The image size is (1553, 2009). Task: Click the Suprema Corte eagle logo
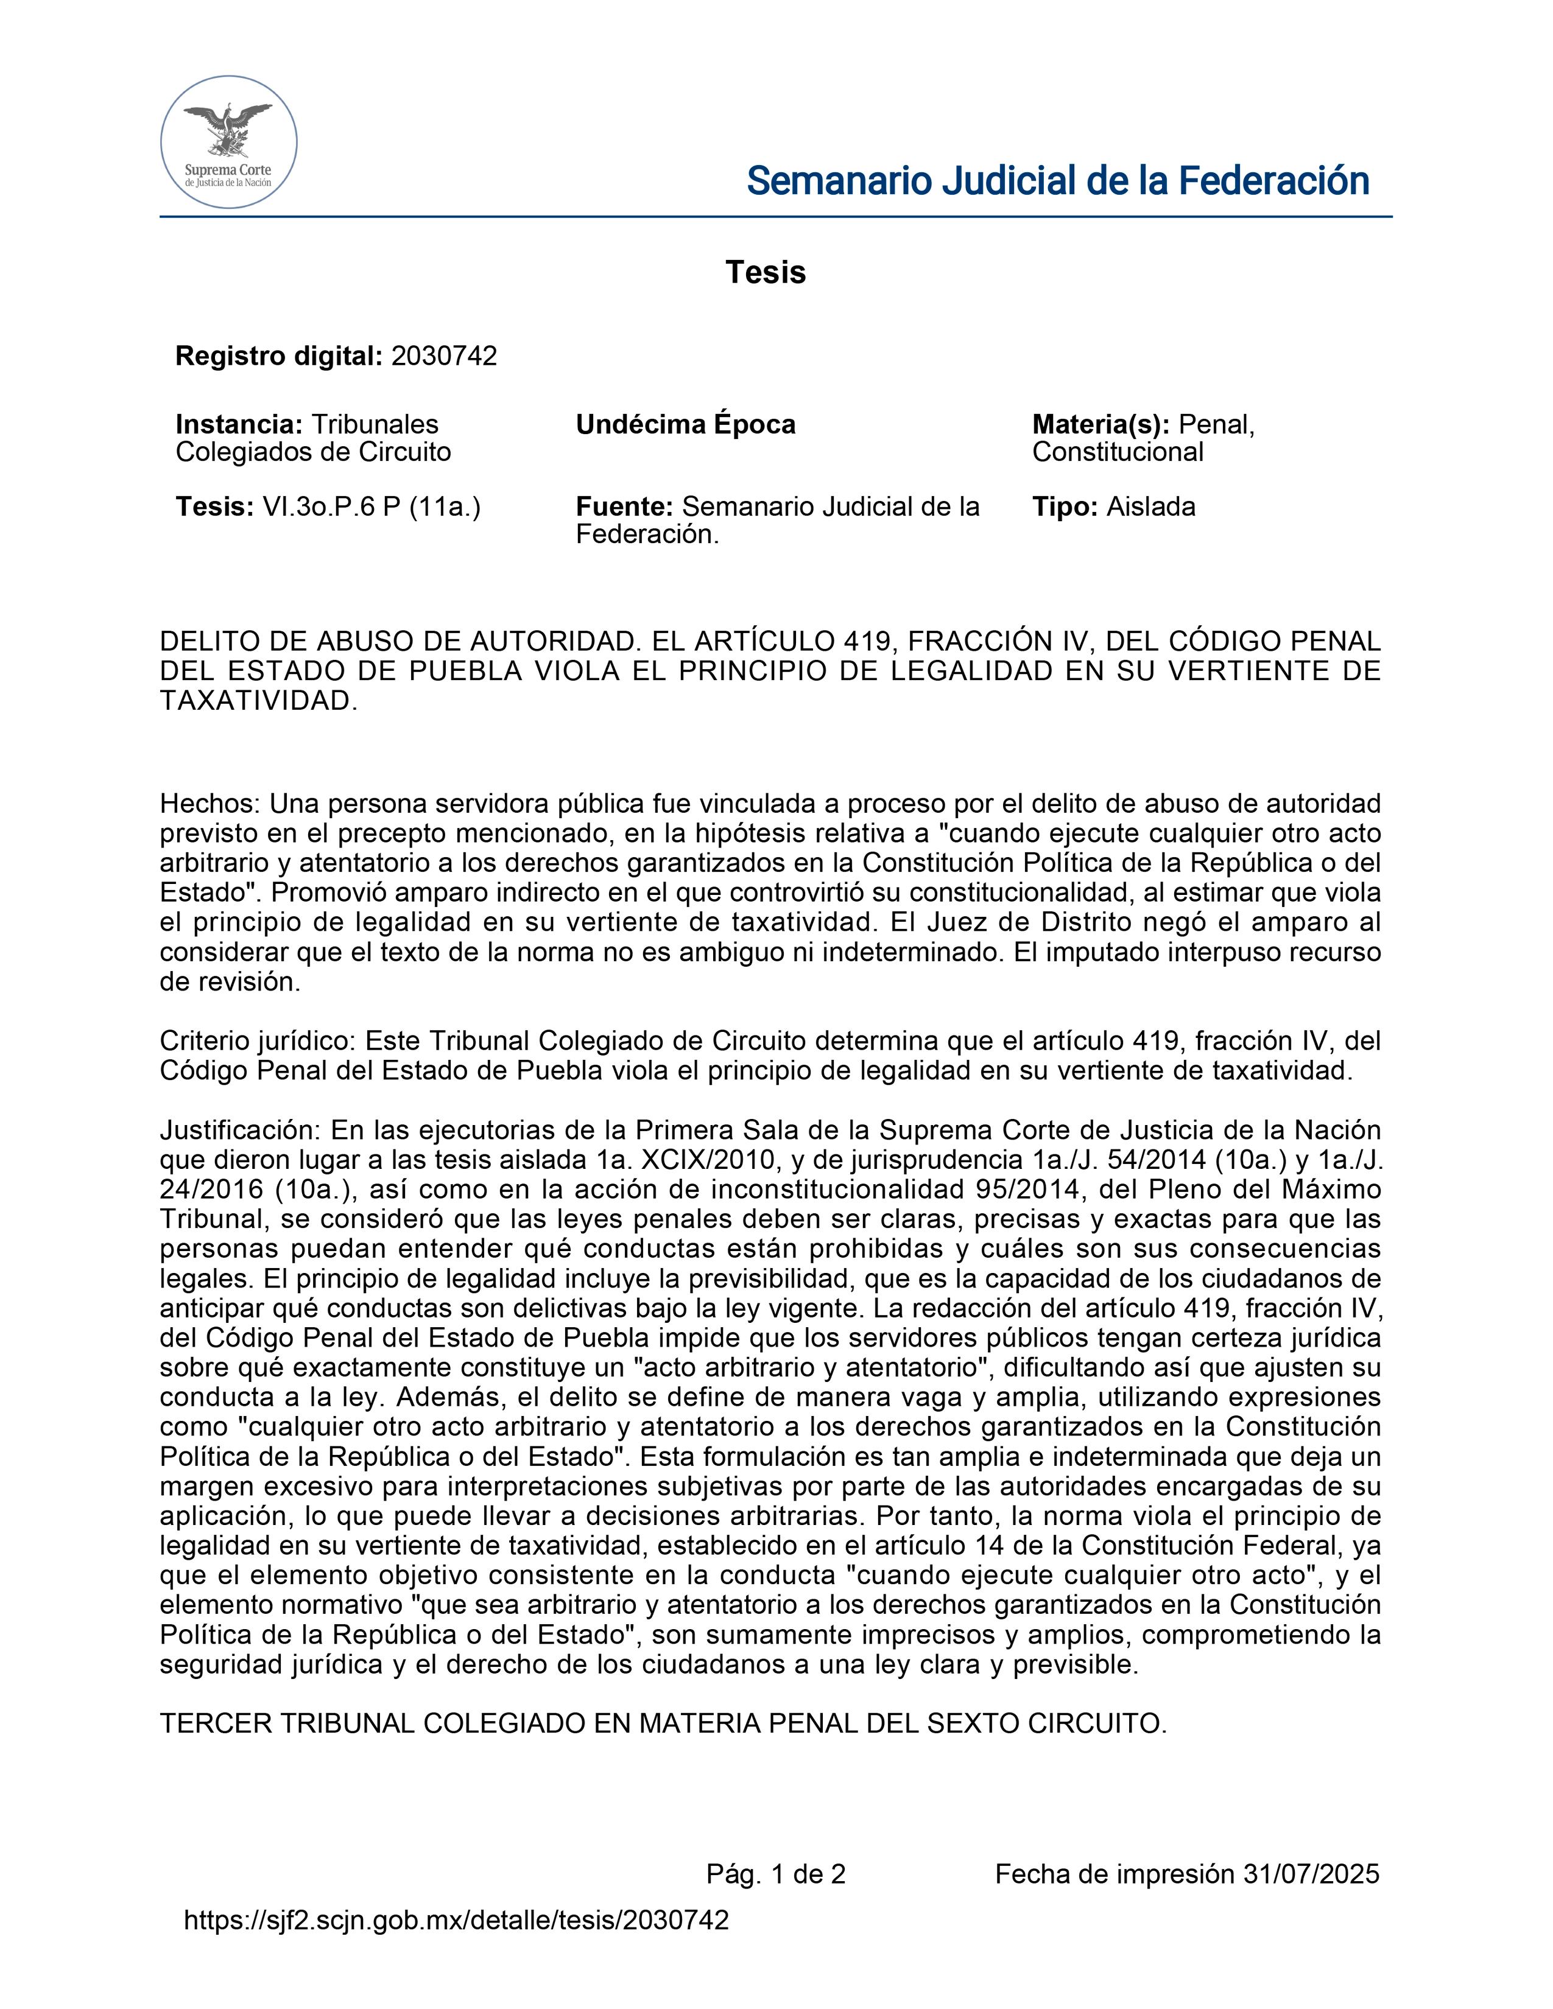[228, 142]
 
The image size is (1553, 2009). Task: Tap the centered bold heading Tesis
[766, 272]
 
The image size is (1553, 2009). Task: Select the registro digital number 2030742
[443, 356]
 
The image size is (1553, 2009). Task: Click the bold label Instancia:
[238, 425]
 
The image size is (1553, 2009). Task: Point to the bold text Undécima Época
[685, 425]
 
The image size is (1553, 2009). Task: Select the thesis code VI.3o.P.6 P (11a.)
[372, 507]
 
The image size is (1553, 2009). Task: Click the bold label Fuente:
[625, 507]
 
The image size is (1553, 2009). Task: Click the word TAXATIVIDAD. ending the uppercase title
[258, 701]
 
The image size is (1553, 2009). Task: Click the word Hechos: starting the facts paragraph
[211, 804]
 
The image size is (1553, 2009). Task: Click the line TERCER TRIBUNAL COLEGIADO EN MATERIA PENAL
[663, 1724]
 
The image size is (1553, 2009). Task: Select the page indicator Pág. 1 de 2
[775, 1874]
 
